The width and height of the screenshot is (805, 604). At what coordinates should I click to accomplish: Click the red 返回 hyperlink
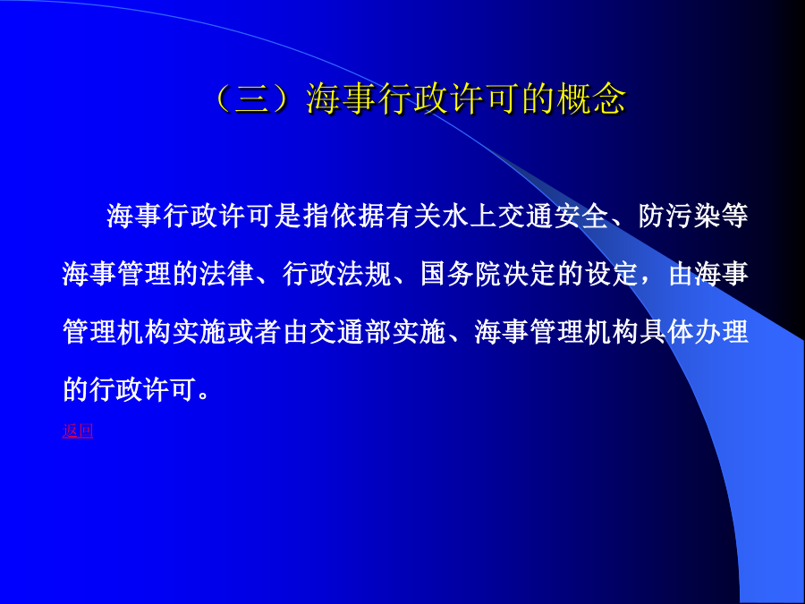click(x=78, y=430)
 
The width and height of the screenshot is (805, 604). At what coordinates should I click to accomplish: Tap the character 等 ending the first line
click(x=734, y=216)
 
